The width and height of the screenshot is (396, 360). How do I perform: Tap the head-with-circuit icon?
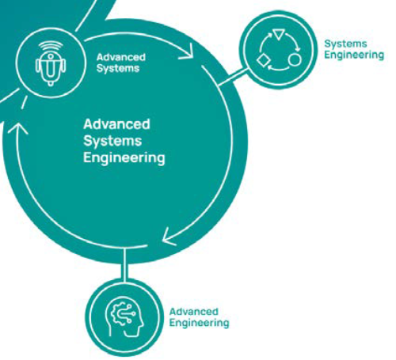pos(124,316)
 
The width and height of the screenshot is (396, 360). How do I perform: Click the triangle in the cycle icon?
pos(279,34)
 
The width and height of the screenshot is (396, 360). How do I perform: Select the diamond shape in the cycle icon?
pos(263,60)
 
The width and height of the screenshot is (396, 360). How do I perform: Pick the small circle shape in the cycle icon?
pos(295,60)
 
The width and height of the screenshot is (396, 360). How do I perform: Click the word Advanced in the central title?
pos(116,124)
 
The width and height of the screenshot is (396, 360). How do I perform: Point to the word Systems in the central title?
pos(112,141)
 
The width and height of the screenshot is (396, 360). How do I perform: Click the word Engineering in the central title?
pos(124,158)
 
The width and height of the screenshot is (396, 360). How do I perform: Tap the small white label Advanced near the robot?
pos(121,57)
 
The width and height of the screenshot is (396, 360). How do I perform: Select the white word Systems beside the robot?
pos(118,68)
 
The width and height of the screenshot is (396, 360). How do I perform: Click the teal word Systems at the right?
pos(345,44)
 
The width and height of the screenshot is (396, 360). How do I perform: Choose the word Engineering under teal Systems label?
pos(354,55)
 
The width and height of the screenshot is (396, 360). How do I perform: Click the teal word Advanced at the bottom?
pos(194,312)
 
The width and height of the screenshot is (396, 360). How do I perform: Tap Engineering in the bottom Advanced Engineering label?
pos(199,323)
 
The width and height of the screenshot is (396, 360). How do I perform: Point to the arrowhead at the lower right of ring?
pos(169,237)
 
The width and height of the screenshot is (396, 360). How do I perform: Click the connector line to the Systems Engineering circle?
pos(234,77)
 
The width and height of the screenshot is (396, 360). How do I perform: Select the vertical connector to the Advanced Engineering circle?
pos(124,264)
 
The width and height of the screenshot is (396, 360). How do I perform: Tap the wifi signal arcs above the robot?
pos(51,46)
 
